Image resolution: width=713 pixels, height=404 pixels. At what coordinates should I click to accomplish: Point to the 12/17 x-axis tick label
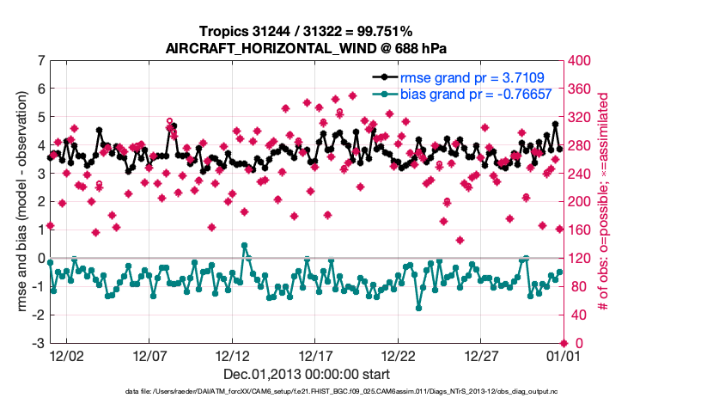316,355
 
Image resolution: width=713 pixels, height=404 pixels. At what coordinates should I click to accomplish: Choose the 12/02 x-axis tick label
66,355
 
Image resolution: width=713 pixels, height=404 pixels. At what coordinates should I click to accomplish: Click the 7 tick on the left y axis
40,62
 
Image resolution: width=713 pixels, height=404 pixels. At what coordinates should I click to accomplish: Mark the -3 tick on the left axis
38,344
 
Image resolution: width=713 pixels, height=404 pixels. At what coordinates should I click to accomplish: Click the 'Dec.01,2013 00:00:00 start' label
307,374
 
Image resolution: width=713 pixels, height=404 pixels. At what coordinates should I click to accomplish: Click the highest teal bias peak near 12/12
245,246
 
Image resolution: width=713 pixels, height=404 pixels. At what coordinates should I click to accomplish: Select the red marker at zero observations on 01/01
563,343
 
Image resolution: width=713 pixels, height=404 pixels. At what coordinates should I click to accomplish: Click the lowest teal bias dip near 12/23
418,307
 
